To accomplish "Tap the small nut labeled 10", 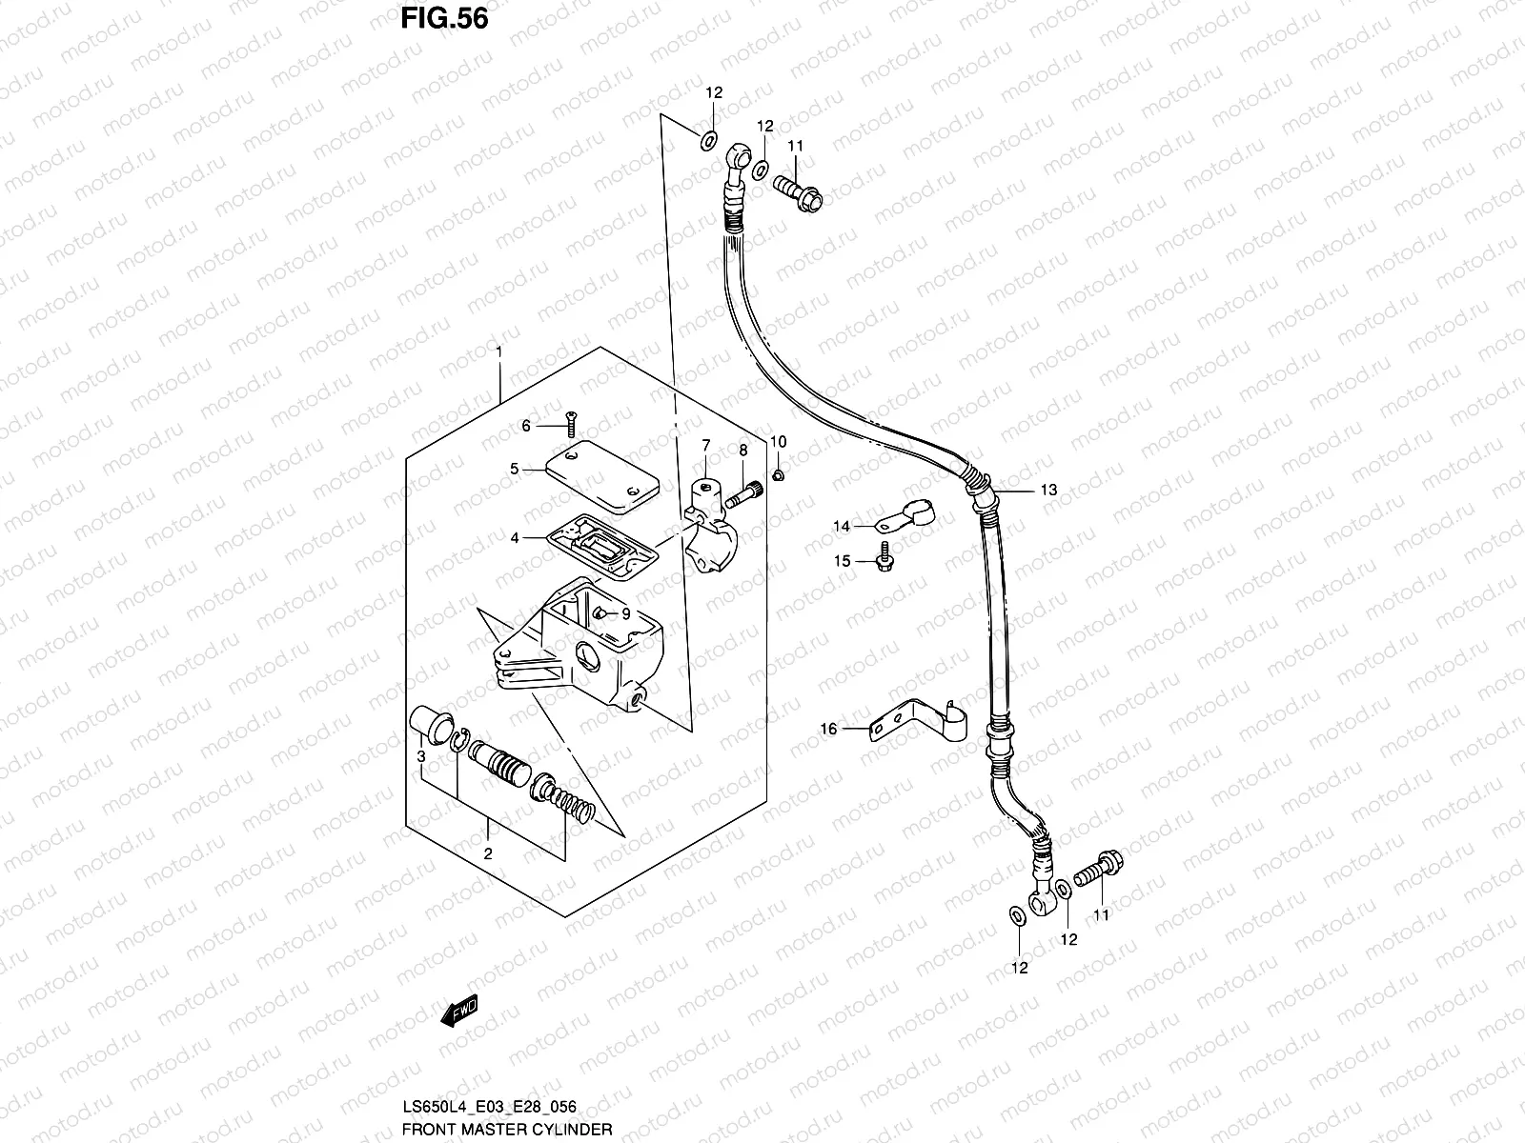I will [779, 473].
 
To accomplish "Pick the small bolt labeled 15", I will [884, 556].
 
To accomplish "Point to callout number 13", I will [1048, 491].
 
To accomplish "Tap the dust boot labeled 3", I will [432, 726].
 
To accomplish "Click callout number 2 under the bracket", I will [488, 853].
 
